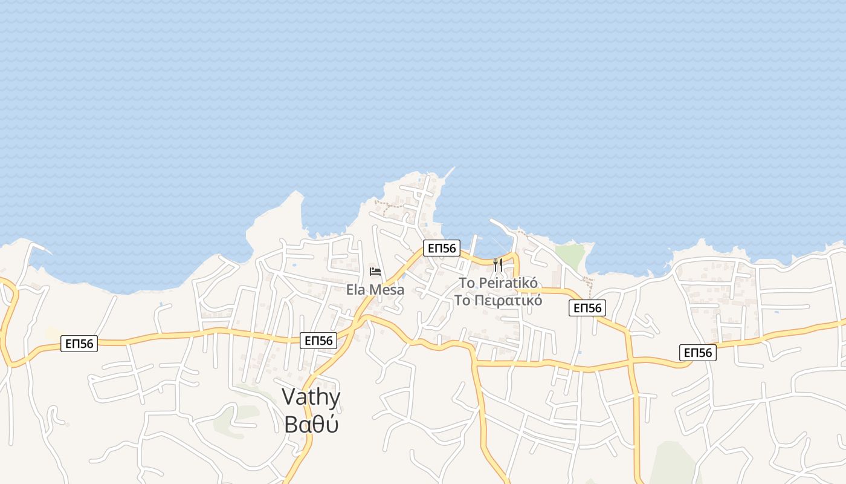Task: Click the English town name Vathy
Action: point(311,397)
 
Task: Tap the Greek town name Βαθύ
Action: point(311,424)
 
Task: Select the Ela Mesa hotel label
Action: point(375,290)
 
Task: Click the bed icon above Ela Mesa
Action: point(375,271)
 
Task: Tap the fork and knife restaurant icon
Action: point(498,264)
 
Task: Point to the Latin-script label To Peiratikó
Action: point(498,283)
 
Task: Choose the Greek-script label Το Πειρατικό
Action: point(498,300)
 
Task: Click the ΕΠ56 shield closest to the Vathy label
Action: point(318,341)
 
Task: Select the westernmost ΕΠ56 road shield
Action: point(79,344)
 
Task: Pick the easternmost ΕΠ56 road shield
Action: point(698,353)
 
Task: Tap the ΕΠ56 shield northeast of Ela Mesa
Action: point(441,247)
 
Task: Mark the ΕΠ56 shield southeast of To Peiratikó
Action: point(587,308)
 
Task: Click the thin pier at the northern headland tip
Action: point(448,173)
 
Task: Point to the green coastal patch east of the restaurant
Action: point(570,253)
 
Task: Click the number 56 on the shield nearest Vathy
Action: point(325,341)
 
